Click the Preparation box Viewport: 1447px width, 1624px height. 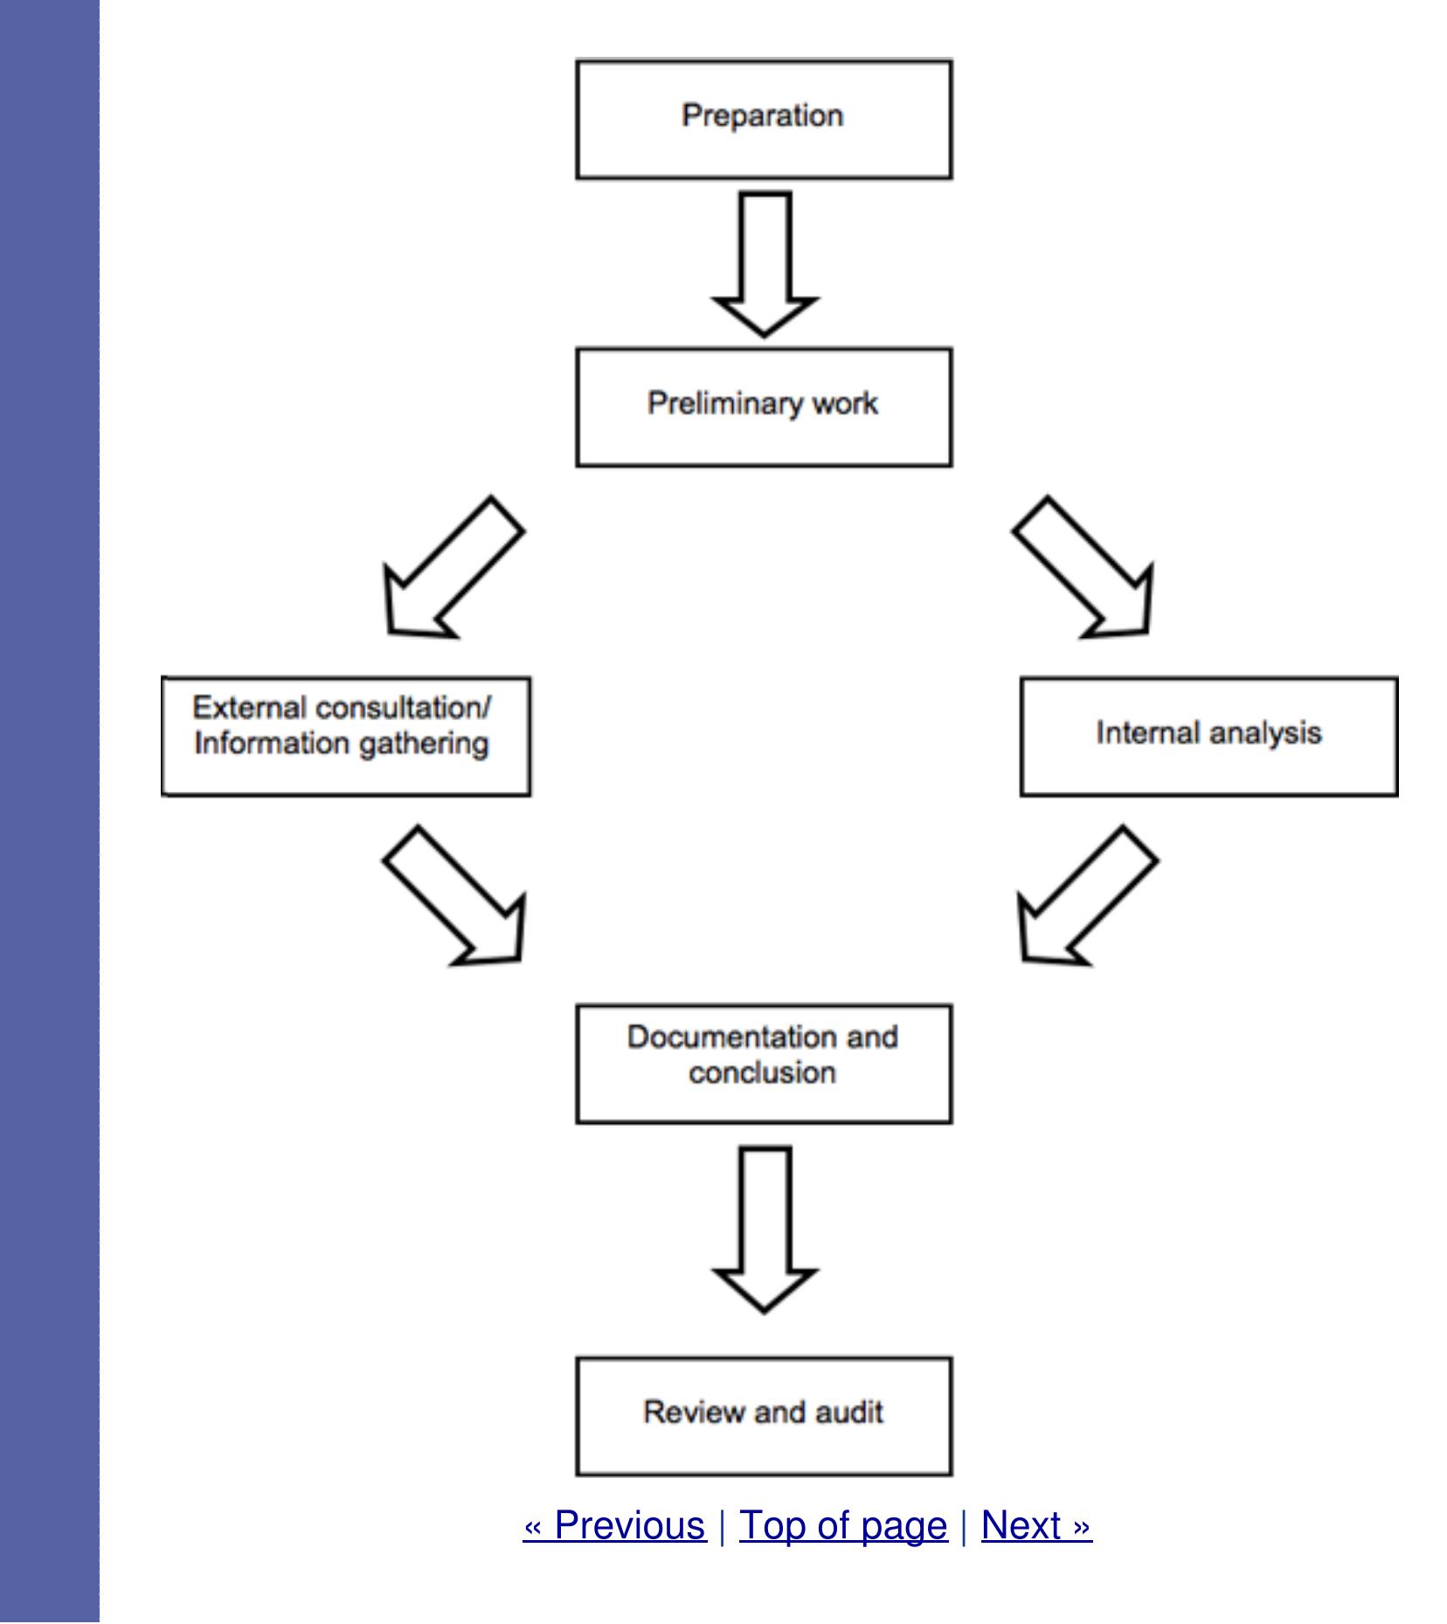[x=763, y=119]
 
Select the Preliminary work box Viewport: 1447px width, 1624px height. [x=763, y=407]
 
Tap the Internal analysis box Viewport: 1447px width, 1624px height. [x=1208, y=735]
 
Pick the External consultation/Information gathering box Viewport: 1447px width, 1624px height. [x=345, y=735]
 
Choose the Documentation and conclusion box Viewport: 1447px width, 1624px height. [x=763, y=1063]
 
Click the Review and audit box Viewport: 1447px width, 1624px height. [x=763, y=1416]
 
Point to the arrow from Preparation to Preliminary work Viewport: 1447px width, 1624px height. [x=765, y=262]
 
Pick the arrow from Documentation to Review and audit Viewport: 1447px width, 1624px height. [x=765, y=1228]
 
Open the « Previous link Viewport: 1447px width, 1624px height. [x=614, y=1525]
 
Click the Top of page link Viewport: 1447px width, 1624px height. [x=842, y=1525]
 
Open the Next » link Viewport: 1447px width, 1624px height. [x=1036, y=1525]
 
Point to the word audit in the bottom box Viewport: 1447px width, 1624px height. [x=848, y=1412]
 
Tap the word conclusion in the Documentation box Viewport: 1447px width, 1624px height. [x=762, y=1073]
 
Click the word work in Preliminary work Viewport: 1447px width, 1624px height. [x=844, y=404]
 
